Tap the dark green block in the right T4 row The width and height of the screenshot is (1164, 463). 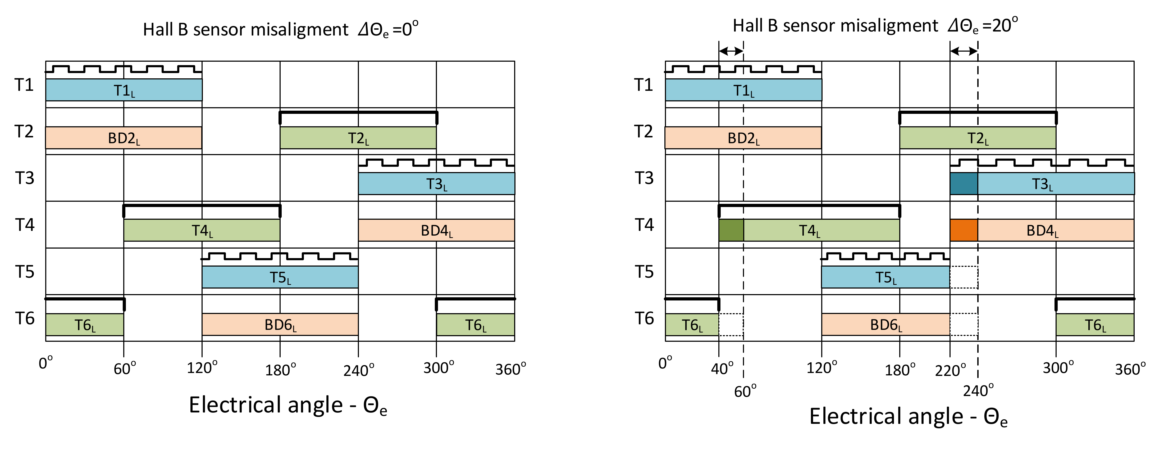click(731, 230)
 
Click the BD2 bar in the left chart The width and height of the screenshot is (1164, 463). click(123, 137)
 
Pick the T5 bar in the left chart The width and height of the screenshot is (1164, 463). click(280, 277)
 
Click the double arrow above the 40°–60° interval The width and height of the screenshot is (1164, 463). click(731, 51)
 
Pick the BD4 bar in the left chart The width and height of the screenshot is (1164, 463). click(436, 230)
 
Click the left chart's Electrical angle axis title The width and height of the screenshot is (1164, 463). click(288, 405)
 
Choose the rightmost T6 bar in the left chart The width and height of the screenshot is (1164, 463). click(475, 324)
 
